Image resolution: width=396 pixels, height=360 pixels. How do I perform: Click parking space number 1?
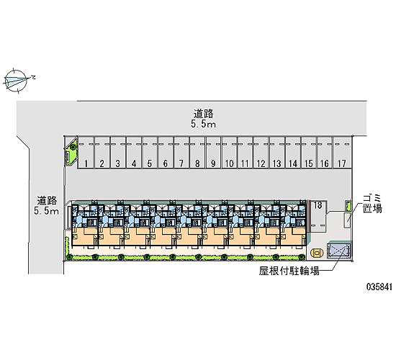[86, 153]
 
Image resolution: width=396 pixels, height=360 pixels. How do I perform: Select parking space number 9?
[213, 153]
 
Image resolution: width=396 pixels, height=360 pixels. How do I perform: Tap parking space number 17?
[342, 153]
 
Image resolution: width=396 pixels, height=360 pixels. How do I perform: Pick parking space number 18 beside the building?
[318, 216]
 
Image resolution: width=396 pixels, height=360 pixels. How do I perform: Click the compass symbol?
[16, 80]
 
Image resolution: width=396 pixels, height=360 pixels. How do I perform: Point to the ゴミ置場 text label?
[372, 204]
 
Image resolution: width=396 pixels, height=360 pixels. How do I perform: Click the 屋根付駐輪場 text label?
[289, 271]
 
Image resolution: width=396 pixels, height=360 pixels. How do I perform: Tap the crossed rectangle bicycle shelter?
[338, 251]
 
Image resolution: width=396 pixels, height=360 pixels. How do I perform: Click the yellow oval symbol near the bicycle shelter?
[317, 253]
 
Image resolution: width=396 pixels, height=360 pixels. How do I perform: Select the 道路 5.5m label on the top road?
[203, 118]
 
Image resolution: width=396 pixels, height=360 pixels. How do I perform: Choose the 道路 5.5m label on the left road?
[47, 205]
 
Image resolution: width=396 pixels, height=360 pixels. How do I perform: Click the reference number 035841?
[379, 287]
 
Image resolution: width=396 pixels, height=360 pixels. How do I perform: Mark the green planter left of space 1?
[71, 153]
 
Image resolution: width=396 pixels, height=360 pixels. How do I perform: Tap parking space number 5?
[150, 153]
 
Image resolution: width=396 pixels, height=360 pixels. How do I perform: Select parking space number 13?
[277, 153]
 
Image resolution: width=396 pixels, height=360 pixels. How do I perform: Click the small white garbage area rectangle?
[347, 220]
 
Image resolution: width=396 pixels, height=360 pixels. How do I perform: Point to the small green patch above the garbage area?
[348, 206]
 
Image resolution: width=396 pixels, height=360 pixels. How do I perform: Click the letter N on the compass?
[33, 77]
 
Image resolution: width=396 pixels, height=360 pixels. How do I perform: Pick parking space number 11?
[246, 153]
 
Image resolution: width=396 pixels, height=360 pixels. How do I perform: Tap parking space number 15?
[309, 153]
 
